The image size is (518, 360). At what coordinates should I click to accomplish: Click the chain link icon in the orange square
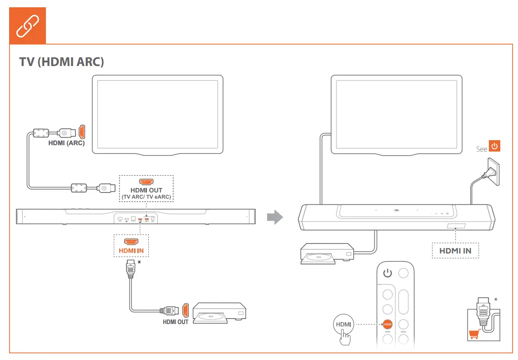coord(28,26)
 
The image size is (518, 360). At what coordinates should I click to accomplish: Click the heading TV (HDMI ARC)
coord(61,62)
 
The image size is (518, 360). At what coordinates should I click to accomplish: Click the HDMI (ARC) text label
coord(66,143)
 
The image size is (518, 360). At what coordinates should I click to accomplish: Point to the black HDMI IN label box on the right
coord(455,250)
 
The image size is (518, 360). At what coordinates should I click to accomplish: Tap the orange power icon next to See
coord(494,147)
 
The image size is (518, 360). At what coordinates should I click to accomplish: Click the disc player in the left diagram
coord(220,313)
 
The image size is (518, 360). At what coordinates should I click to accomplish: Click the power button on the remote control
coord(387,273)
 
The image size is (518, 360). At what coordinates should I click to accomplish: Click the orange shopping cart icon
coord(474,335)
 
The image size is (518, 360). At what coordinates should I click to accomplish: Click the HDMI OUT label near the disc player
coord(176,322)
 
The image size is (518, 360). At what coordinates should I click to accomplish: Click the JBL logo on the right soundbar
coord(396,210)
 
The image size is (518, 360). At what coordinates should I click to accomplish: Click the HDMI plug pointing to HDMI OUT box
coord(105,187)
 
